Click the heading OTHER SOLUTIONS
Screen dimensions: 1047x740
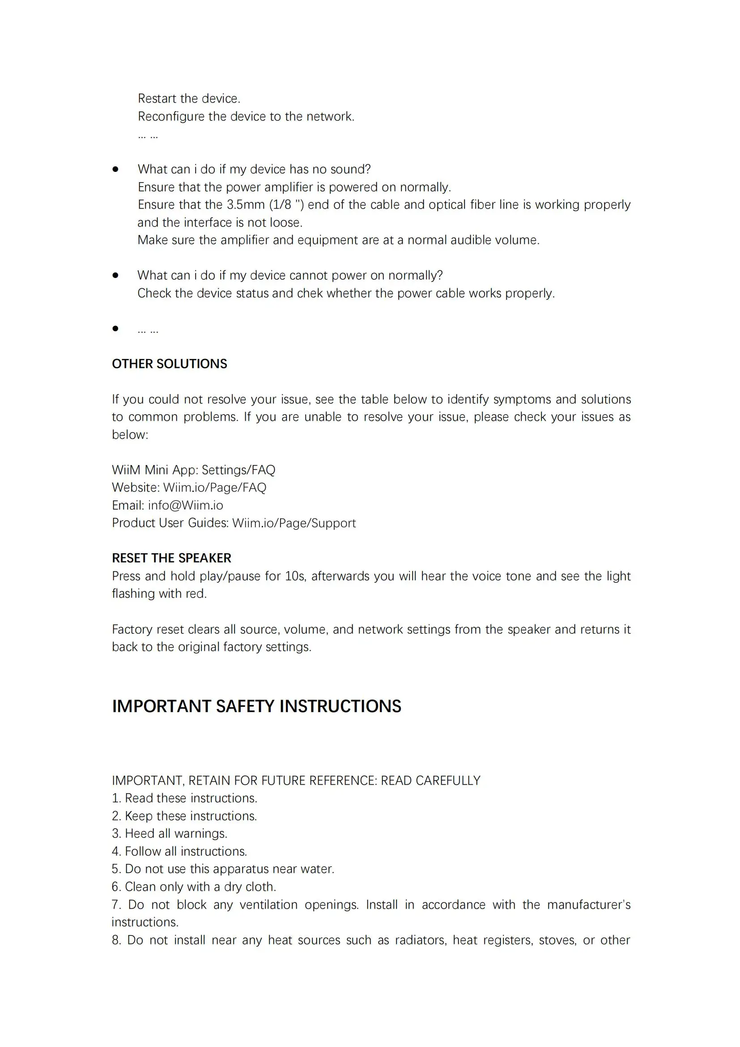[x=169, y=364]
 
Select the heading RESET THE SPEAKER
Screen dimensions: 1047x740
[x=171, y=558]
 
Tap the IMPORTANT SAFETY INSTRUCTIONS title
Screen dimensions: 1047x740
[x=256, y=706]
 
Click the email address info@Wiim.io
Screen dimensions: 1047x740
[x=186, y=505]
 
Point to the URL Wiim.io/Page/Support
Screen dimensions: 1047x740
[x=294, y=523]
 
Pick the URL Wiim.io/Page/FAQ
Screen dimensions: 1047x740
[x=215, y=487]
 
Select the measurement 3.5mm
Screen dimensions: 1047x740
[x=246, y=205]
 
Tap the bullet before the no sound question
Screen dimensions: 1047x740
[x=116, y=169]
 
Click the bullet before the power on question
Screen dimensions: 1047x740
[x=116, y=275]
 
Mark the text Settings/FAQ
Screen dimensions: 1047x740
[x=238, y=470]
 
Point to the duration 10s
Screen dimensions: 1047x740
[x=295, y=577]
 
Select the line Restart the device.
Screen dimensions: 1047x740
[x=189, y=98]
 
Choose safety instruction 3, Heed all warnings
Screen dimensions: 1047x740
[x=170, y=833]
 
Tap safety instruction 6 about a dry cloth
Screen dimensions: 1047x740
[x=194, y=887]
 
